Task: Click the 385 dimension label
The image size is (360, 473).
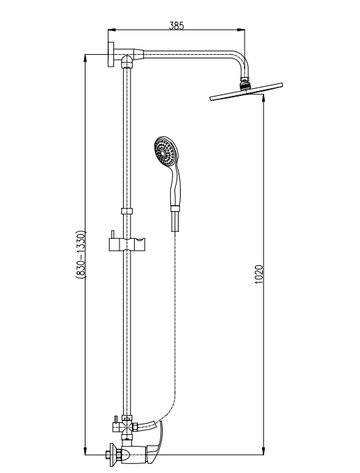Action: click(x=177, y=26)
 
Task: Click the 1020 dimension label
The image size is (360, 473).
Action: click(x=259, y=274)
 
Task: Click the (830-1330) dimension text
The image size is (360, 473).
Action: click(x=81, y=254)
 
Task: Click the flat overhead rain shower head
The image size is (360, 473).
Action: click(x=246, y=92)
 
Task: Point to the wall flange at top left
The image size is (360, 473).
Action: click(x=111, y=55)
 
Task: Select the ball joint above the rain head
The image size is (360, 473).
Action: click(x=245, y=83)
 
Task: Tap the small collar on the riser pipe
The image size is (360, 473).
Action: click(x=127, y=211)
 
